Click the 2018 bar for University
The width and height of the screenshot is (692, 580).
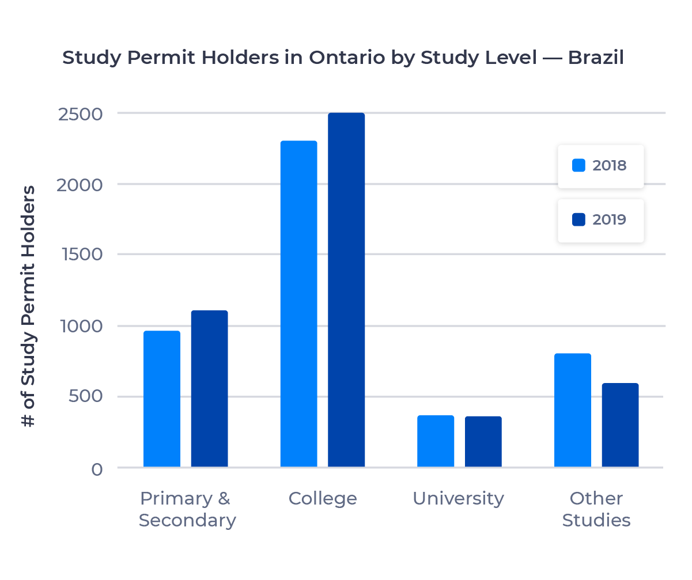[x=436, y=441]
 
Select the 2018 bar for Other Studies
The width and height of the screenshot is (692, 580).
[x=573, y=410]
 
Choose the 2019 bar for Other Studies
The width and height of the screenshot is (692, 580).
[x=620, y=425]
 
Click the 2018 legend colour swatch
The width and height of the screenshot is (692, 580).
[x=578, y=165]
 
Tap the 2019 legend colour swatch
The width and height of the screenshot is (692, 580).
[x=578, y=219]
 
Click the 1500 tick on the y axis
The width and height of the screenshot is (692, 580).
[x=80, y=255]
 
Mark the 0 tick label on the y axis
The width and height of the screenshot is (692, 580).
[x=97, y=469]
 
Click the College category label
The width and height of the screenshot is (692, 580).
[x=323, y=498]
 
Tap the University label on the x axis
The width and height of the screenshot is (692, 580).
[x=458, y=498]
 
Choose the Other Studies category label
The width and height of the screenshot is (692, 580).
[x=596, y=509]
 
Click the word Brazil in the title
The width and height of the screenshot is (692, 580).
[x=596, y=58]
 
